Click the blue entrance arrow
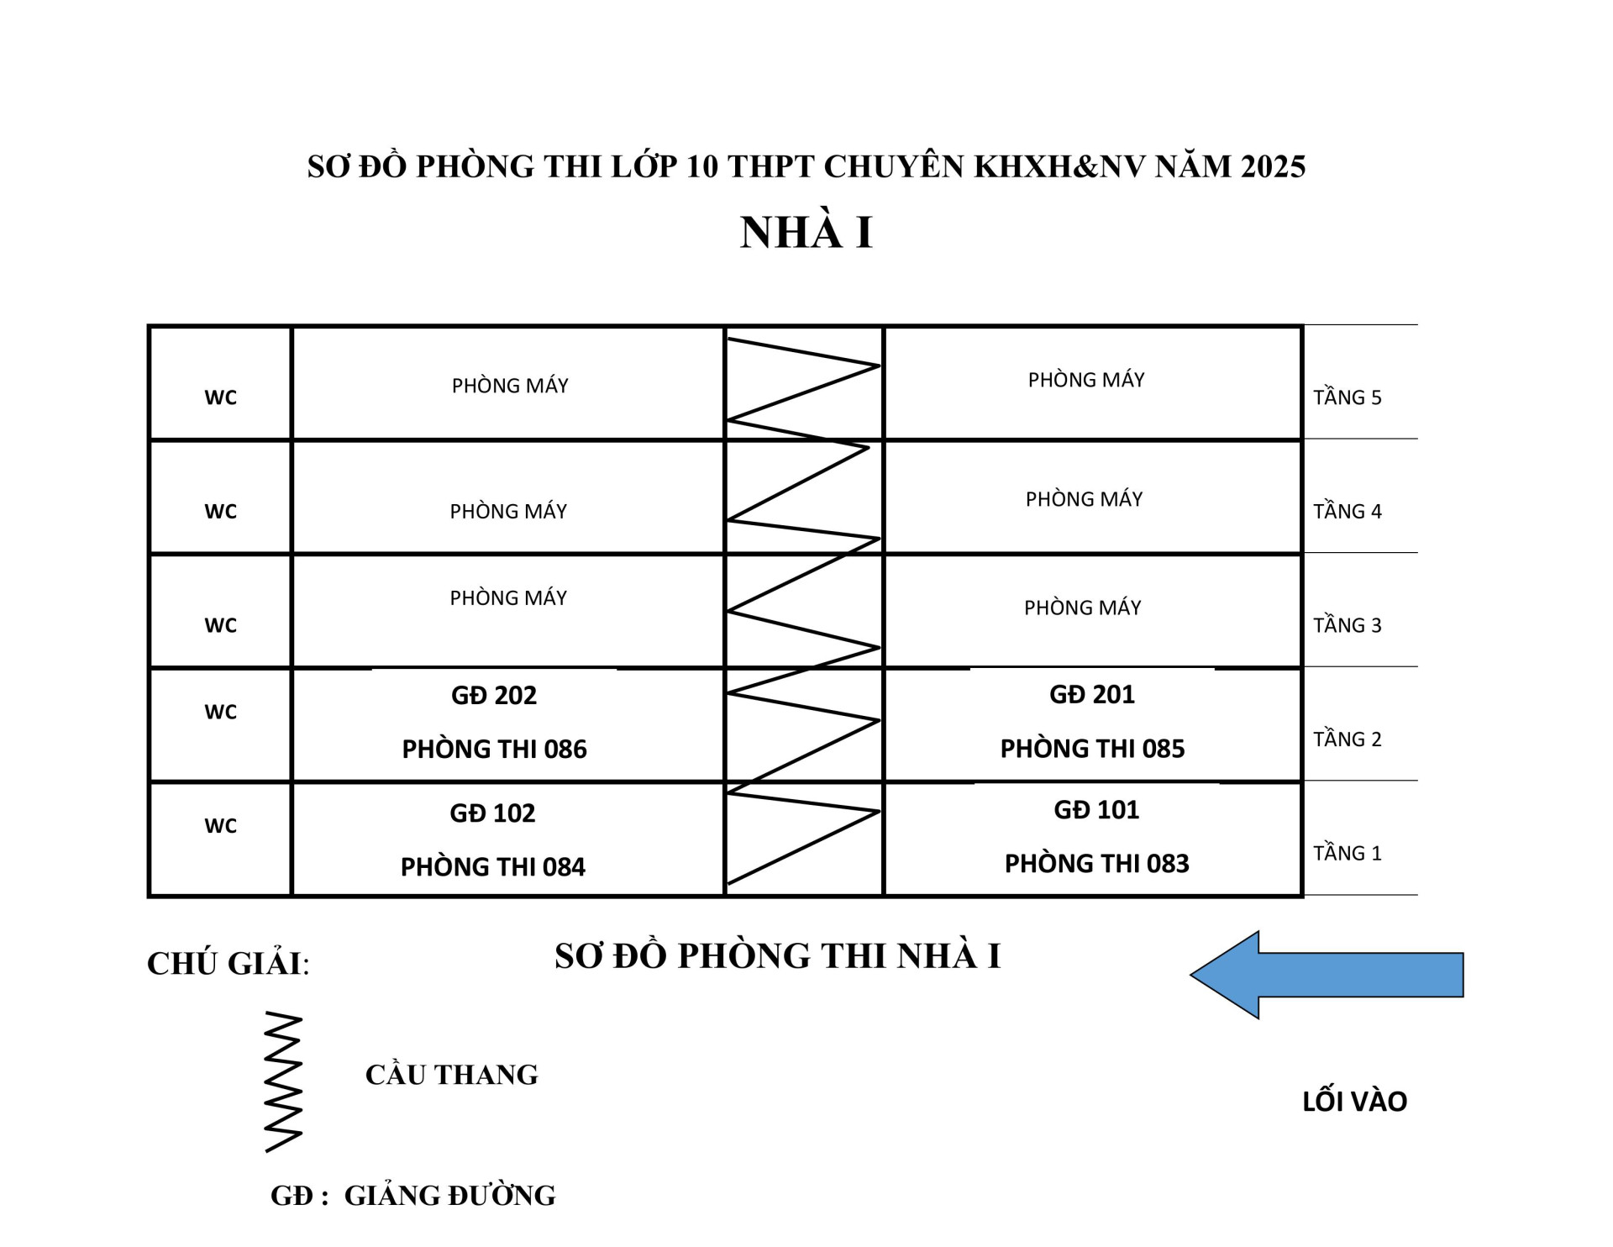1327,975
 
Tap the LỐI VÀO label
1354,1101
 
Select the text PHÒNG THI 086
494,749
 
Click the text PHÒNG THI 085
1092,749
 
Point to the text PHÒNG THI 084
492,866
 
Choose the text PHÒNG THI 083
1096,863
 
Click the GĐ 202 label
494,695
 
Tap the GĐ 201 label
1092,694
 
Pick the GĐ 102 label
492,813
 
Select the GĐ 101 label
1096,809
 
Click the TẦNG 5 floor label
1348,397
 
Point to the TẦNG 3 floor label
1348,624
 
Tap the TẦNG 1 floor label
1348,853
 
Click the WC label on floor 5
220,397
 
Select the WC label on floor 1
220,826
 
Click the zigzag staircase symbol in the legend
284,1082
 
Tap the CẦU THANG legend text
451,1074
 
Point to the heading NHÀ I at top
806,232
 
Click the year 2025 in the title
1273,166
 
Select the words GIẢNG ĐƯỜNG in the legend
450,1195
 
